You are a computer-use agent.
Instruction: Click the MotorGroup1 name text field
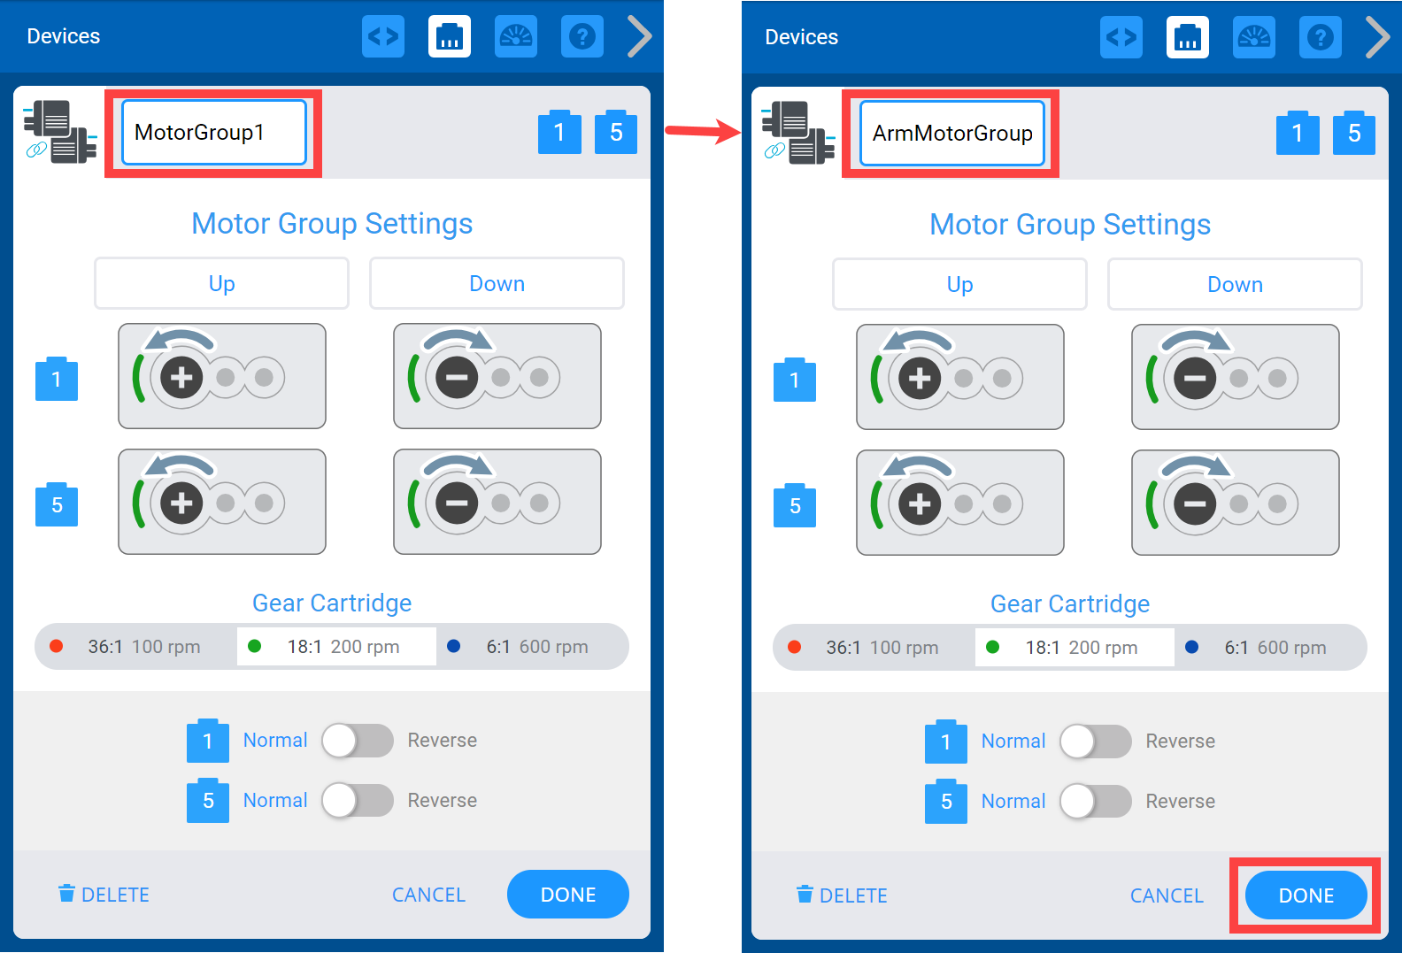pyautogui.click(x=214, y=133)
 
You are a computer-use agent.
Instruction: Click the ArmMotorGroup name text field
pyautogui.click(x=952, y=134)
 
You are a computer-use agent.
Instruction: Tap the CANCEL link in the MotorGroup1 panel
pyautogui.click(x=428, y=895)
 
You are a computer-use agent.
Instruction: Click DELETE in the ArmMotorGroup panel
pyautogui.click(x=842, y=895)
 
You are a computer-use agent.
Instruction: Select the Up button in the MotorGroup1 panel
pyautogui.click(x=221, y=284)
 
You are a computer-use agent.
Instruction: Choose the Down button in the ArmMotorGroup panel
pyautogui.click(x=1234, y=285)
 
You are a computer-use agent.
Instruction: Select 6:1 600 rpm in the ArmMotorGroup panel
pyautogui.click(x=1268, y=648)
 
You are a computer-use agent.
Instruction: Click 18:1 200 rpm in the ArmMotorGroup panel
pyautogui.click(x=1074, y=648)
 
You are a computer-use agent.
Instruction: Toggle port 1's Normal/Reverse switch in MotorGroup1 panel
pyautogui.click(x=357, y=741)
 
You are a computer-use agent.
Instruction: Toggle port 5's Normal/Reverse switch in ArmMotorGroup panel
pyautogui.click(x=1095, y=802)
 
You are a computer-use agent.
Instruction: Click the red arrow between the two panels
pyautogui.click(x=703, y=132)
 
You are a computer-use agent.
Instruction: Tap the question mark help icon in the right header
pyautogui.click(x=1320, y=37)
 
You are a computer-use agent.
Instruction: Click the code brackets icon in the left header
pyautogui.click(x=383, y=36)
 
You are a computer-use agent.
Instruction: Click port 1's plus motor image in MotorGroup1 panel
pyautogui.click(x=222, y=376)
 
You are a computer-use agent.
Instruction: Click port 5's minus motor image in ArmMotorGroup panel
pyautogui.click(x=1235, y=503)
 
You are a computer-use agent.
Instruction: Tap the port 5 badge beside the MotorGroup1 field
pyautogui.click(x=616, y=133)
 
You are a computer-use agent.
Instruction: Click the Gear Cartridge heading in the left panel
pyautogui.click(x=332, y=603)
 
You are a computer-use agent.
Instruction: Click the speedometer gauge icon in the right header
pyautogui.click(x=1253, y=37)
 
